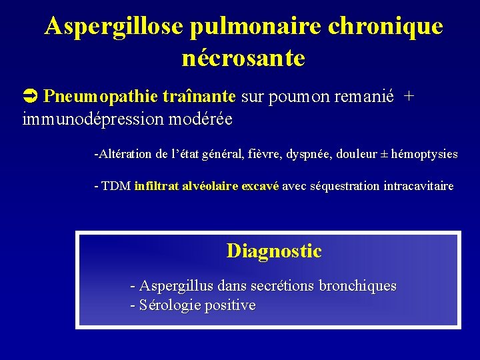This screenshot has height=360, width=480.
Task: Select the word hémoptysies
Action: click(424, 154)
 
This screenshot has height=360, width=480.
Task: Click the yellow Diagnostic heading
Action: click(273, 251)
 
